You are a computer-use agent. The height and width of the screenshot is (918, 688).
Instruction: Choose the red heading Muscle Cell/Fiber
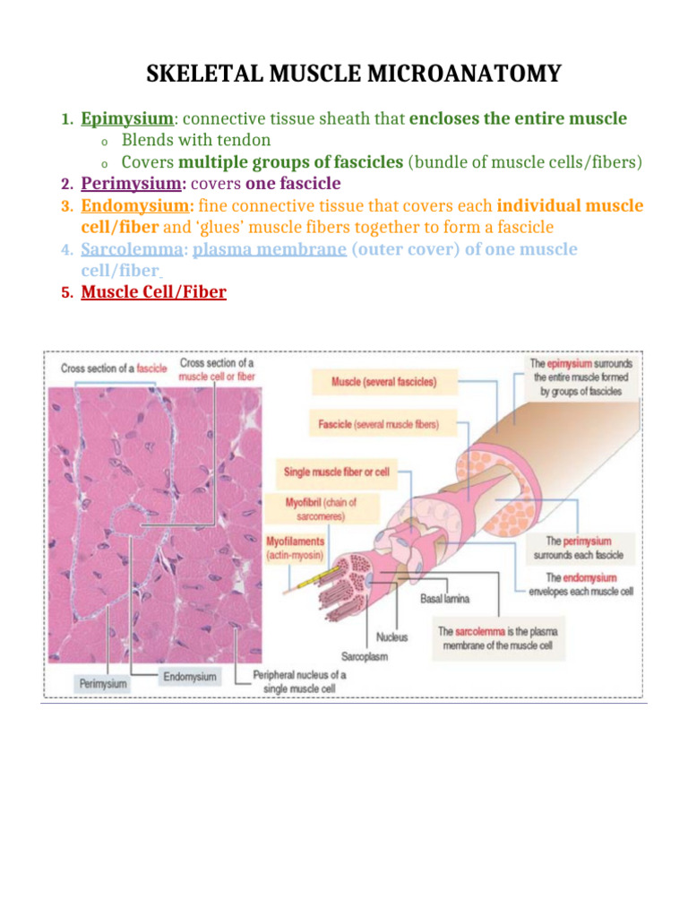[x=153, y=292]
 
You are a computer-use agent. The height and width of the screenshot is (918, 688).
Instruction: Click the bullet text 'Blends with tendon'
[x=196, y=140]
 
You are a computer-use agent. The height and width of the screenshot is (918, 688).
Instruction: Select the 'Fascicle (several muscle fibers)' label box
[x=379, y=423]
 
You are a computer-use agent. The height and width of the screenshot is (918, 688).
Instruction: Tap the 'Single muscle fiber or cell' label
[x=337, y=471]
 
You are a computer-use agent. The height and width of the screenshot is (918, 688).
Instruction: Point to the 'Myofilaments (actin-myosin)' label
[x=297, y=549]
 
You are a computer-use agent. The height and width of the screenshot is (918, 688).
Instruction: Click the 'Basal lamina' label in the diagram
[x=445, y=598]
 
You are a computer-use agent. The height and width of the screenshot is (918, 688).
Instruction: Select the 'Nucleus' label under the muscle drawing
[x=391, y=637]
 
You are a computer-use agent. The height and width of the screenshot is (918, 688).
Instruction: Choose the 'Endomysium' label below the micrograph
[x=189, y=676]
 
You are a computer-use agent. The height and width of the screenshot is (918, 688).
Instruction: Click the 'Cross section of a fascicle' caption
[x=114, y=368]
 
